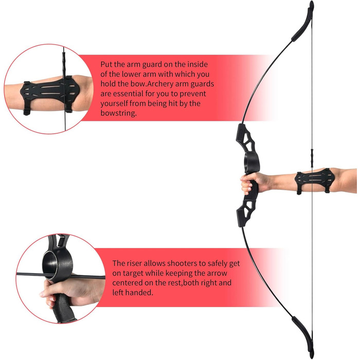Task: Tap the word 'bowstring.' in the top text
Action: [x=118, y=113]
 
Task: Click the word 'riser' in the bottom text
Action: [x=134, y=263]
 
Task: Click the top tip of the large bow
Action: [x=311, y=2]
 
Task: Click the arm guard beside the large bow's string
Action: [x=314, y=181]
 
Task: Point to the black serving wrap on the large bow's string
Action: [x=312, y=158]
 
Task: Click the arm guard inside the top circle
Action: [x=50, y=95]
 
